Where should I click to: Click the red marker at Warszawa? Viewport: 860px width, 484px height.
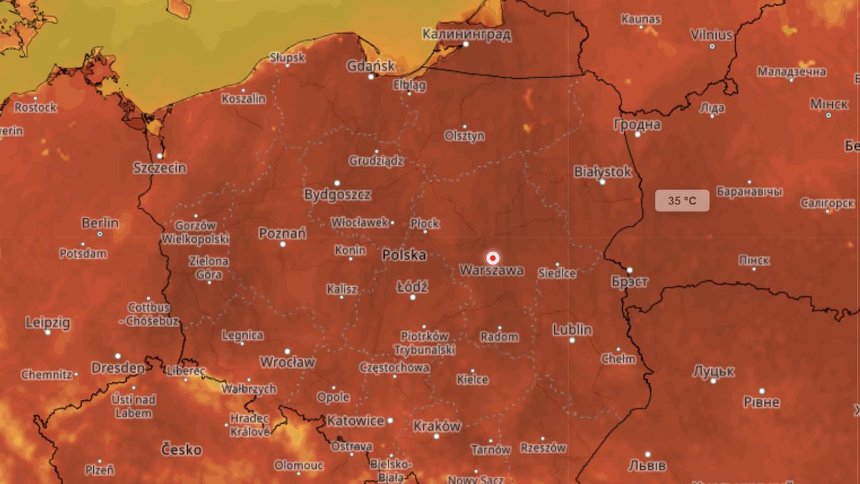point(492,257)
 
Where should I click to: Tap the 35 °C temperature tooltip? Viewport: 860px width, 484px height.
point(682,201)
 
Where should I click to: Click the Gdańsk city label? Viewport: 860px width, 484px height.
point(371,66)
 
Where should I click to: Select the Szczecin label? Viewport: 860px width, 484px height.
point(160,168)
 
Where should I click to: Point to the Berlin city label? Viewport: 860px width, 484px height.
point(100,223)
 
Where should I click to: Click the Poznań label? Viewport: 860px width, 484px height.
point(282,233)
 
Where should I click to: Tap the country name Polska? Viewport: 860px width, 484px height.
point(403,255)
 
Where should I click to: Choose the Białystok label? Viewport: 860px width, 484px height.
point(603,171)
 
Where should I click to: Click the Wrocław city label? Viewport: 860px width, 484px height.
point(287,362)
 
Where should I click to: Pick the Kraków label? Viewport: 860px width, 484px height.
point(436,426)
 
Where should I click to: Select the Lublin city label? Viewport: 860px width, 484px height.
point(572,330)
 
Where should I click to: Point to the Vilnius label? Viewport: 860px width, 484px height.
point(711,34)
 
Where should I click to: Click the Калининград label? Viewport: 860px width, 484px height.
point(467,34)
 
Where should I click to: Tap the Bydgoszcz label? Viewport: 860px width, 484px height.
point(337,194)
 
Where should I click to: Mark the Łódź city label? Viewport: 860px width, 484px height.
point(412,287)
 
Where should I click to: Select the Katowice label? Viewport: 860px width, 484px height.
point(356,421)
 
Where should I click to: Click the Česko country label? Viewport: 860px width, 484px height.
point(181,450)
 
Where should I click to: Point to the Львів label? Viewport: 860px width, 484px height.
point(647,465)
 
